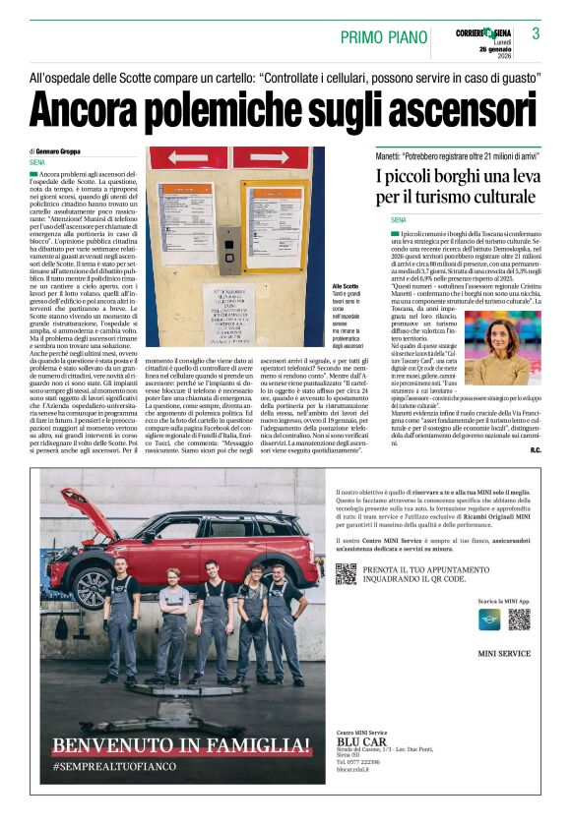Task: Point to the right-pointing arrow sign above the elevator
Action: click(x=286, y=157)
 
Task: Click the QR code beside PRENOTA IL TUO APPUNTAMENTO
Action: click(x=346, y=573)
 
